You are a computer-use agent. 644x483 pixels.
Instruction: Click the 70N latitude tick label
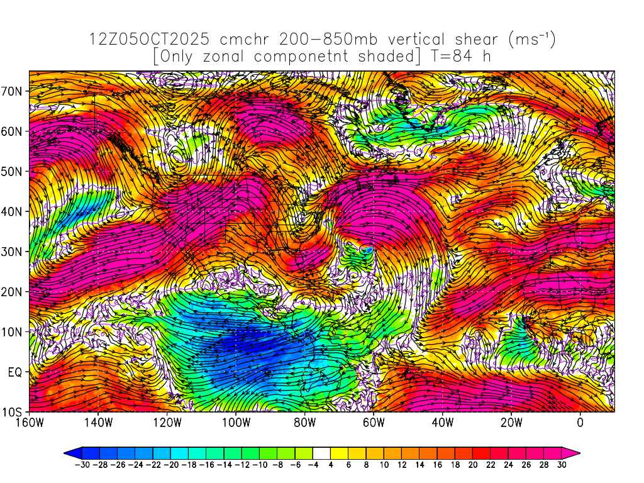point(13,91)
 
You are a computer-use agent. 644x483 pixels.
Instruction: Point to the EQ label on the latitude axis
point(15,372)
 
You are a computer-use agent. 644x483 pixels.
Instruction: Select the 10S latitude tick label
point(13,413)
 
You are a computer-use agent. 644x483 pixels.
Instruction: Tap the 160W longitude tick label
point(30,423)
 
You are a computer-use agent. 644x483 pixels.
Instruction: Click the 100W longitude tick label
point(236,423)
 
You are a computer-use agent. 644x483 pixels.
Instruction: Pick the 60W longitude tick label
point(374,423)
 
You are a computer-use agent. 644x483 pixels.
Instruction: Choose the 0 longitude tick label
point(580,423)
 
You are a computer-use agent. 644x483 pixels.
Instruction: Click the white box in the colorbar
point(321,452)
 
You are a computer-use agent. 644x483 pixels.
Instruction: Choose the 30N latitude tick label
point(13,252)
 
